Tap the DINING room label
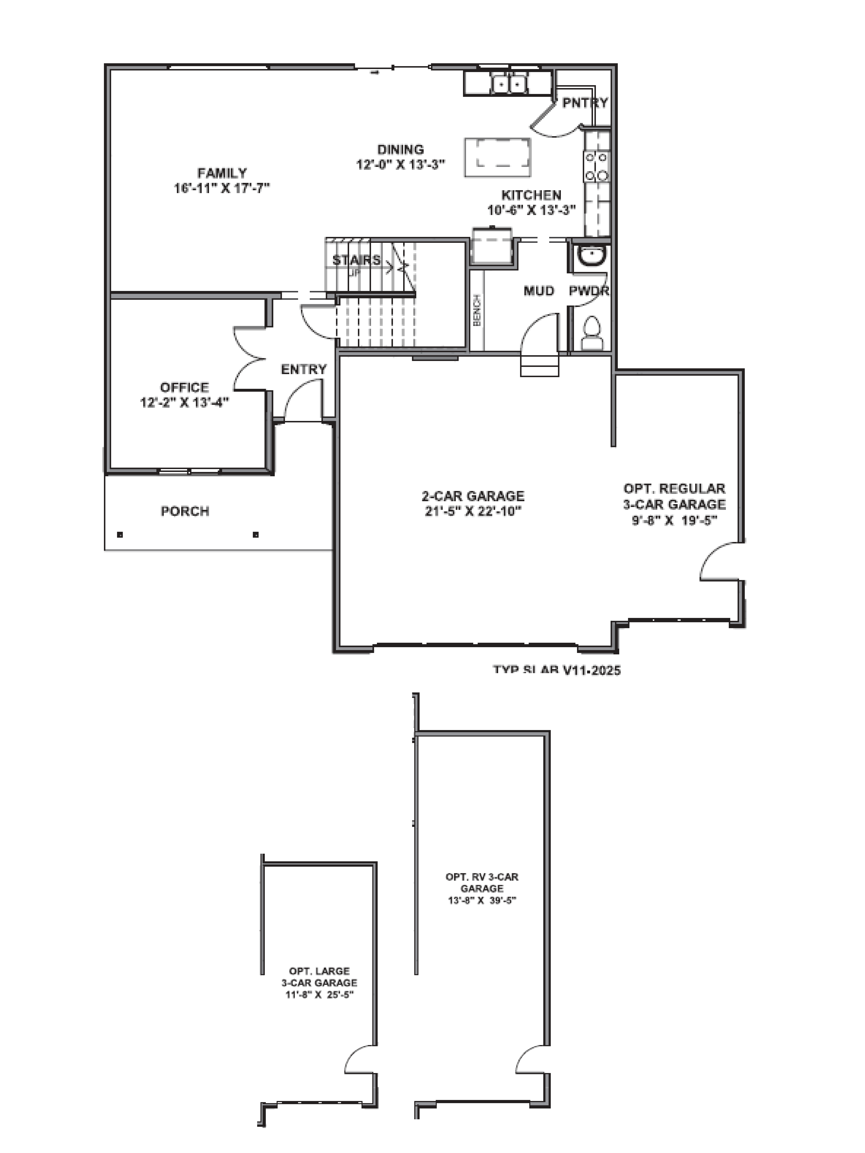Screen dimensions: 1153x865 [400, 150]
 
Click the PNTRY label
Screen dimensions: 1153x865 [585, 103]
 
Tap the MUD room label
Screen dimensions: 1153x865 [539, 291]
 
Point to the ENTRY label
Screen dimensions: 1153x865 [303, 370]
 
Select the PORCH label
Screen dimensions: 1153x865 [185, 511]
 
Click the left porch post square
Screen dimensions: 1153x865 [120, 534]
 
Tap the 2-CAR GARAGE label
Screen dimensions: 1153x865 [473, 496]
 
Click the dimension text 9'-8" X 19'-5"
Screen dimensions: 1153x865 [674, 520]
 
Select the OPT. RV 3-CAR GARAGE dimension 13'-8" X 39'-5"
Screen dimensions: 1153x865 [482, 900]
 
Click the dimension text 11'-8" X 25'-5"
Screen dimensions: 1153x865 [319, 994]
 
